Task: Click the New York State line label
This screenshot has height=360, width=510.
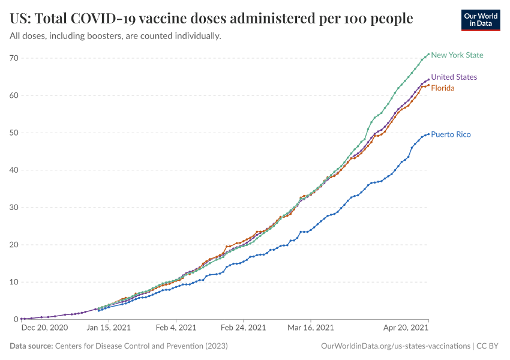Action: pos(457,55)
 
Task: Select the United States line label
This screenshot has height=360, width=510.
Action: pos(454,77)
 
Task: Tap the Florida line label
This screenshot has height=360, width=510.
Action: pos(443,88)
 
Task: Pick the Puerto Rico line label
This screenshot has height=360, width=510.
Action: pos(451,134)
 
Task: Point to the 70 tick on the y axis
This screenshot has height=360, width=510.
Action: pos(14,58)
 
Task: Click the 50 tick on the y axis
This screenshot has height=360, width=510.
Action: pos(14,133)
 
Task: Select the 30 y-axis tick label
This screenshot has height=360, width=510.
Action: pos(14,208)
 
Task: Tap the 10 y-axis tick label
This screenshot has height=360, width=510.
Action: pos(14,282)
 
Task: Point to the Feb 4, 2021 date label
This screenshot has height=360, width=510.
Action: pos(176,328)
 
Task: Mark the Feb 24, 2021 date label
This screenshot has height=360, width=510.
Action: pos(243,328)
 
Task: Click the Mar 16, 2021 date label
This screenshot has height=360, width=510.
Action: pos(310,328)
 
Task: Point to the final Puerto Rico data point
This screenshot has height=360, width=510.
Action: pos(428,134)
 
